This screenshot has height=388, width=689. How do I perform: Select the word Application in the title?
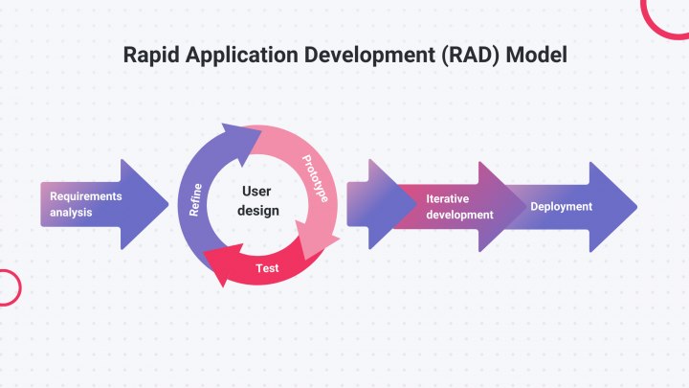(x=228, y=56)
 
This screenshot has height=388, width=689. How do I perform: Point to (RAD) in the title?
(x=467, y=56)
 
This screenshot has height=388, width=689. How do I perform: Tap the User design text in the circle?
(x=257, y=200)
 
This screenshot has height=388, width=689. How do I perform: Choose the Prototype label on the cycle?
(x=315, y=178)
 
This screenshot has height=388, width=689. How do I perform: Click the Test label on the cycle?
(x=268, y=268)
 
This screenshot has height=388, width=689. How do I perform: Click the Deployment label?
(x=561, y=207)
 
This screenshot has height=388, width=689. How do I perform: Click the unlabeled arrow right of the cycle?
(x=368, y=204)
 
